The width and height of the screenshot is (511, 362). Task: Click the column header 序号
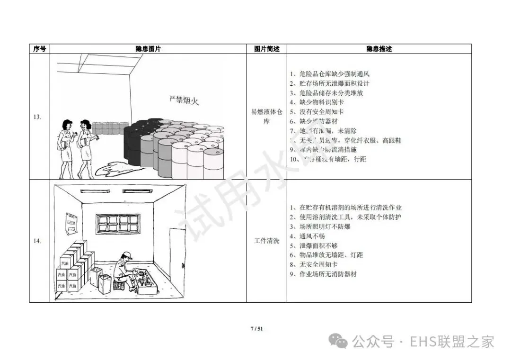point(40,49)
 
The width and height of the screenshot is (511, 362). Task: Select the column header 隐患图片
point(148,49)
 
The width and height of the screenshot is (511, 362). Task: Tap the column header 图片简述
point(266,49)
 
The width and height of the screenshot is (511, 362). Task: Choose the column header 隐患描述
point(379,49)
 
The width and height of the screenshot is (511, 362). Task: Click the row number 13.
point(37,117)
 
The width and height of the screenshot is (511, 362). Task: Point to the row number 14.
point(37,241)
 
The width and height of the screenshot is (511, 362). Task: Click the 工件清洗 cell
point(266,241)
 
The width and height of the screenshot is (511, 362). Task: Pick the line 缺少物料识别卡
point(317,102)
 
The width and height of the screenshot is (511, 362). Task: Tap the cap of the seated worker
point(125,254)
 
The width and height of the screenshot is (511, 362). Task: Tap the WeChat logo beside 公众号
point(341,341)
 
